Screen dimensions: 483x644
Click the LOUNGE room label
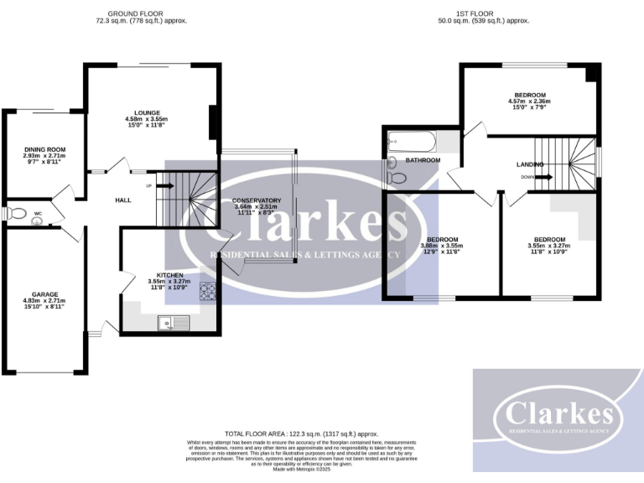146,112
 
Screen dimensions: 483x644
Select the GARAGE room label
44,294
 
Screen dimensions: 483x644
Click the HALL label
124,200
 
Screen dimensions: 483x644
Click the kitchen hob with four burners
206,292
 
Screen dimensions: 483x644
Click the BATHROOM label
423,159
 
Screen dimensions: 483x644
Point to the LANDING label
530,164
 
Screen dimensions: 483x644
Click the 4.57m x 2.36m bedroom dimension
530,102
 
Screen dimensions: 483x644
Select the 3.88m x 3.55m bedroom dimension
441,246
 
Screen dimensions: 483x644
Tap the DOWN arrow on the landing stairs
540,177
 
